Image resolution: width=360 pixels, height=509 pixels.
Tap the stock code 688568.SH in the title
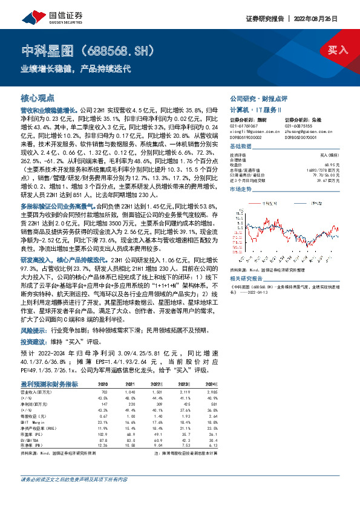[x=118, y=51]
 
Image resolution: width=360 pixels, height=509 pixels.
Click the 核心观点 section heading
[x=38, y=97]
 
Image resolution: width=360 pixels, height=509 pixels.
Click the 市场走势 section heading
[x=241, y=189]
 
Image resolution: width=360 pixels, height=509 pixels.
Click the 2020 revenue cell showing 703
[x=103, y=391]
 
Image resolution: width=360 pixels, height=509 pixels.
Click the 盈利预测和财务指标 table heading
[x=49, y=383]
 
